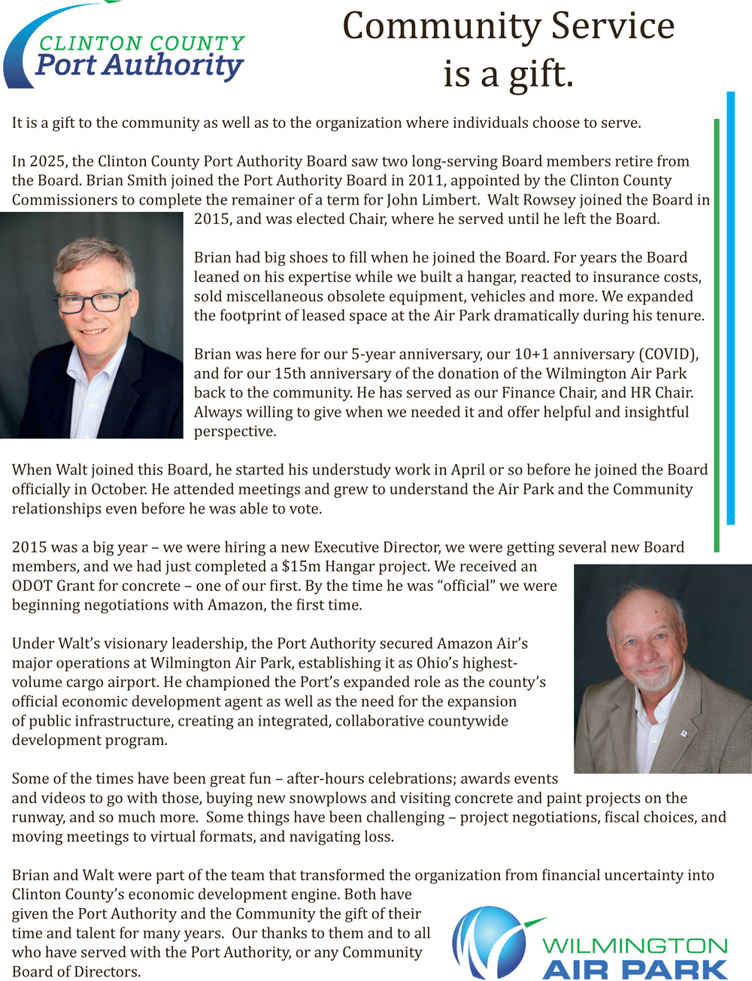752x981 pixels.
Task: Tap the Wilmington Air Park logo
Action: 590,944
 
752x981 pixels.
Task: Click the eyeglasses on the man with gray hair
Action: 92,302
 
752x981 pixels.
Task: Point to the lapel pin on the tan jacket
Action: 683,733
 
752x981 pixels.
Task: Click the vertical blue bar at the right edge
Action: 730,308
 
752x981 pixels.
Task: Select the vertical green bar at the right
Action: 717,335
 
